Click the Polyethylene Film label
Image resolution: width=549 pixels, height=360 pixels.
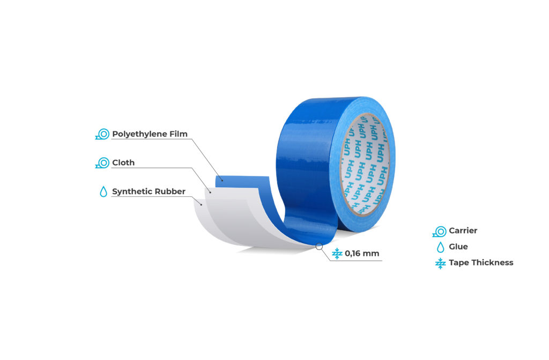(x=150, y=134)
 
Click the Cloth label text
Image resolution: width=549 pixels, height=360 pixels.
(x=123, y=163)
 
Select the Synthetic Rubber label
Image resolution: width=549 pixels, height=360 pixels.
(x=149, y=192)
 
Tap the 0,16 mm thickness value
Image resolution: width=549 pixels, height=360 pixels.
(x=362, y=253)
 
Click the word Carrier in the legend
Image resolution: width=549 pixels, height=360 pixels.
(x=463, y=231)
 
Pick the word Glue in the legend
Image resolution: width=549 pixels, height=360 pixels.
(x=458, y=247)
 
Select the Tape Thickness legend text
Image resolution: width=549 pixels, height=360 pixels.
(x=481, y=262)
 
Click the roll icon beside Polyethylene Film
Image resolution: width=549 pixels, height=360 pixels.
(x=102, y=134)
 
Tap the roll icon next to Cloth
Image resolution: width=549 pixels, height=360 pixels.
(x=102, y=163)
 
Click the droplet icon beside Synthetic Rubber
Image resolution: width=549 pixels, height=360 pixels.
(x=103, y=192)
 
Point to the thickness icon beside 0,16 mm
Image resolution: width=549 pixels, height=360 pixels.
(x=337, y=253)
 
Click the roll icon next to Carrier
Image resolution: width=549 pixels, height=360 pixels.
(x=440, y=231)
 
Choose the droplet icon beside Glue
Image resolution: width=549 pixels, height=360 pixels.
(x=441, y=247)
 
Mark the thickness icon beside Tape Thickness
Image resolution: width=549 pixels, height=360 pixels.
(x=440, y=263)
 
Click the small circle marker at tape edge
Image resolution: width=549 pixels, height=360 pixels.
(x=319, y=246)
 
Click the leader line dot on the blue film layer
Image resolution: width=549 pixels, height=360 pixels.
(x=222, y=180)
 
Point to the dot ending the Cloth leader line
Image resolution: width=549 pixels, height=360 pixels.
(x=210, y=192)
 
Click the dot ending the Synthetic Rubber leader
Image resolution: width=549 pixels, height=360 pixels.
(x=201, y=205)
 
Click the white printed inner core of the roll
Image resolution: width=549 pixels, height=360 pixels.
(x=365, y=164)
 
